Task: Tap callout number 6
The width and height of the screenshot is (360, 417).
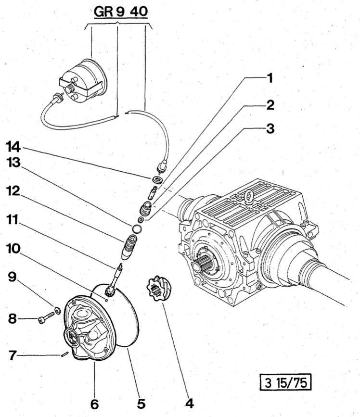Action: pos(94,404)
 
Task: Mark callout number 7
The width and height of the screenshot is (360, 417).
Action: pos(12,355)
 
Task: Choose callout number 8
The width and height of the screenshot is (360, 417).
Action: pos(12,318)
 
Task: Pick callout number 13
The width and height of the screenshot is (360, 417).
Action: pos(14,164)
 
